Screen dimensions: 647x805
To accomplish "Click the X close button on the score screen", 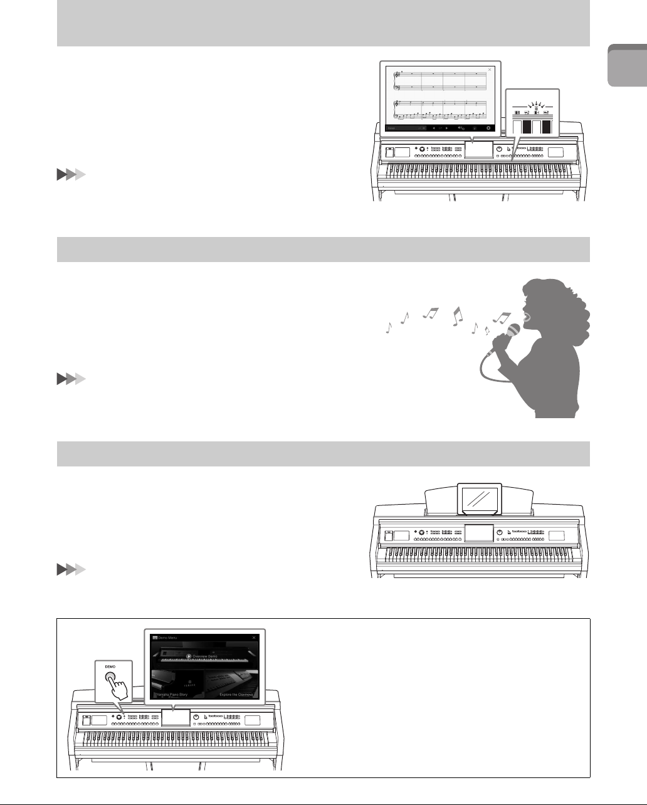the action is pyautogui.click(x=490, y=69).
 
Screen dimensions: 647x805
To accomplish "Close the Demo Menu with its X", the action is pyautogui.click(x=254, y=637).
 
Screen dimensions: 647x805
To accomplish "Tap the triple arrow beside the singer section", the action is pyautogui.click(x=70, y=380).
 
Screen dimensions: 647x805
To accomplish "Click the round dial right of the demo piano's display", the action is pyautogui.click(x=196, y=717).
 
